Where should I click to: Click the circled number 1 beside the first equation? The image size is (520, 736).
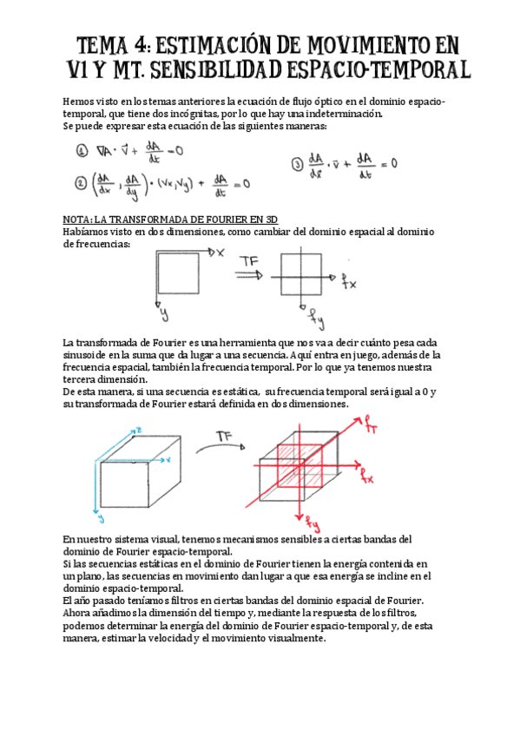pos(82,151)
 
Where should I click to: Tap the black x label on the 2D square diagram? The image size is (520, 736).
pos(220,252)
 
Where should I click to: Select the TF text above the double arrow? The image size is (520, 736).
pos(248,260)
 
